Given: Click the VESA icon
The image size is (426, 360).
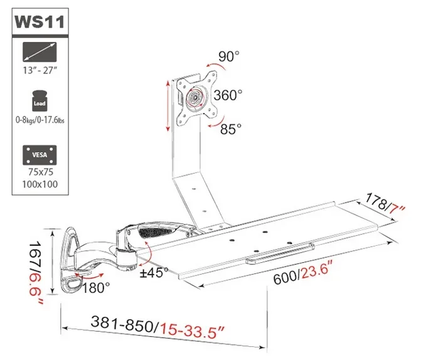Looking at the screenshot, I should (40, 154).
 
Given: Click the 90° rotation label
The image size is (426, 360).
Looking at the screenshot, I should (228, 56).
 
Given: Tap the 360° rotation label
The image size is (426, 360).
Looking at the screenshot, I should (227, 95).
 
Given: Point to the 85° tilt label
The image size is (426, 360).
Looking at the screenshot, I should (231, 129).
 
